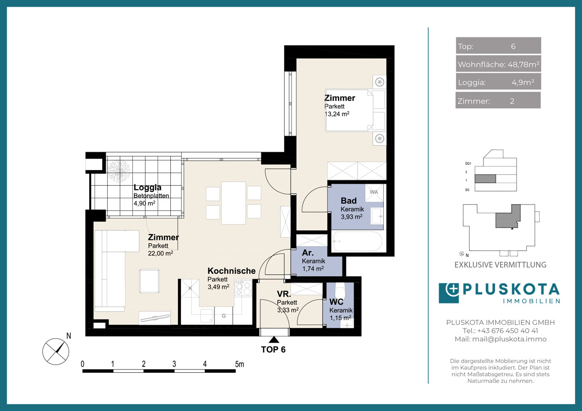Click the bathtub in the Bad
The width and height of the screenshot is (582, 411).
pos(357,241)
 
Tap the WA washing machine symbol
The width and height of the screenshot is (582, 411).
pos(374,192)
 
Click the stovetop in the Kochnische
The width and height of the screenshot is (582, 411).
pos(243,288)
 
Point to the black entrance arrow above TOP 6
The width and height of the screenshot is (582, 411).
pos(274,340)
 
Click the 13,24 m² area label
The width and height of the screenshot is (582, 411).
pos(337,114)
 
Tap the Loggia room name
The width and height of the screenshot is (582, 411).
pos(147,187)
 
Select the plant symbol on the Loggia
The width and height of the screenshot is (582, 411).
pos(119,172)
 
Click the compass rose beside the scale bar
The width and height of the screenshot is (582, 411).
pos(56,351)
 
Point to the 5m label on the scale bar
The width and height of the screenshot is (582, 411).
pos(239,364)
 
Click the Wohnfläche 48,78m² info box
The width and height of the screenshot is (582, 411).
pos(499,64)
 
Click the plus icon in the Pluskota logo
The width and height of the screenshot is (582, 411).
pos(453,289)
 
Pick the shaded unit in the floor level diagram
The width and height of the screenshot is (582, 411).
pos(485,179)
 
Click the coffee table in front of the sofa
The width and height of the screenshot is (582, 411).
pos(149,282)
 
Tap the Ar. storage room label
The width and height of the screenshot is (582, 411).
pos(307,253)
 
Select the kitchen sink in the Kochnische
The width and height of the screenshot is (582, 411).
pos(207,316)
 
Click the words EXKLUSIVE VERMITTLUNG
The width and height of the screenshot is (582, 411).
pos(501,265)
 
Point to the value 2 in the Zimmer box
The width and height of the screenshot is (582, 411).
pos(512,101)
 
